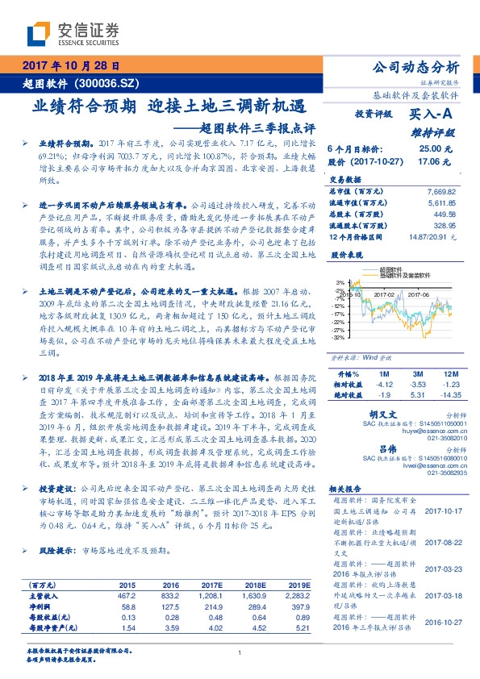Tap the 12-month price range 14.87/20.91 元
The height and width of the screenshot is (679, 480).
click(x=436, y=239)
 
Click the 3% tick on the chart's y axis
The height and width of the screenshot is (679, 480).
click(x=339, y=281)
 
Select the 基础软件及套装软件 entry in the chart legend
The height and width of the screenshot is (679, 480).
click(x=407, y=275)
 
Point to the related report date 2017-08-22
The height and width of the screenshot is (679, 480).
click(x=444, y=543)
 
